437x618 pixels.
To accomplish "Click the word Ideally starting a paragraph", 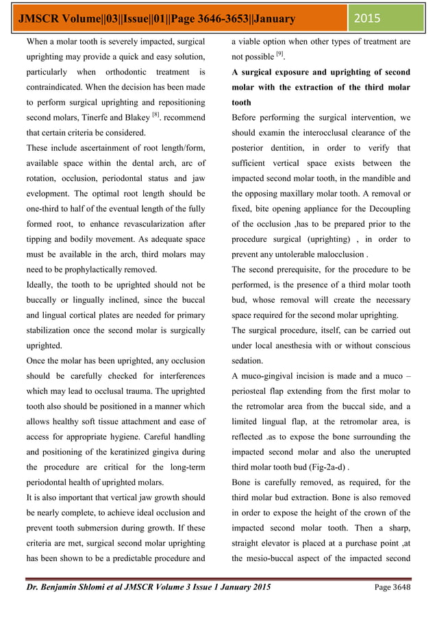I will (x=41, y=284).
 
